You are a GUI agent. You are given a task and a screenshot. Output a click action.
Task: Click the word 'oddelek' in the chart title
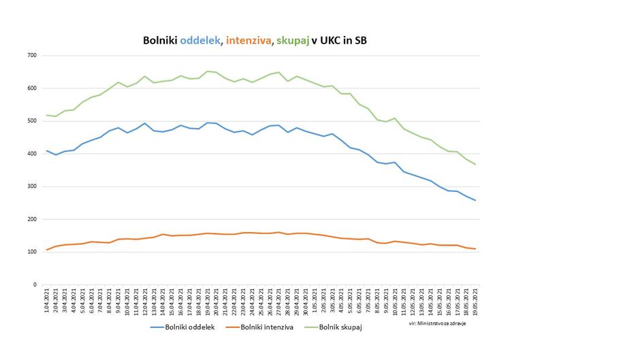pyautogui.click(x=199, y=42)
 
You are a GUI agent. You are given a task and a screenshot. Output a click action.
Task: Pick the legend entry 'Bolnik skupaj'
pyautogui.click(x=338, y=328)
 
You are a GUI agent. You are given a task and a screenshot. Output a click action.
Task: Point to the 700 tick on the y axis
pyautogui.click(x=31, y=56)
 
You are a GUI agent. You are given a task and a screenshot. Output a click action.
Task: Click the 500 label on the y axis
pyautogui.click(x=31, y=121)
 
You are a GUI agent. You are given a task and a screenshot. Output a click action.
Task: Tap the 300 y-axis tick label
pyautogui.click(x=31, y=186)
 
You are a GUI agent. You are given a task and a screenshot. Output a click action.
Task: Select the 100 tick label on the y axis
pyautogui.click(x=31, y=252)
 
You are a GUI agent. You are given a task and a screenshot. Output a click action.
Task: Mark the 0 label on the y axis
pyautogui.click(x=35, y=284)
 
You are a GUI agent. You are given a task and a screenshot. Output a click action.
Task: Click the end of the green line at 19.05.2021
pyautogui.click(x=475, y=165)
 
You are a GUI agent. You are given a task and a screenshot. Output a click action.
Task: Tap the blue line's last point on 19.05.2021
pyautogui.click(x=475, y=200)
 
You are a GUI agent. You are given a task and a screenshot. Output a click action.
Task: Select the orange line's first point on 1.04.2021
pyautogui.click(x=47, y=250)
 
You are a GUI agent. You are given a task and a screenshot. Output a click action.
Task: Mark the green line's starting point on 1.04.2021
pyautogui.click(x=47, y=115)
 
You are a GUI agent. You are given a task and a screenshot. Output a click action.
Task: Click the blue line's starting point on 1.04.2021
pyautogui.click(x=47, y=151)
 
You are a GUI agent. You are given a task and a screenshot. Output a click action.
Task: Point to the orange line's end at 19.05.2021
pyautogui.click(x=475, y=249)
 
